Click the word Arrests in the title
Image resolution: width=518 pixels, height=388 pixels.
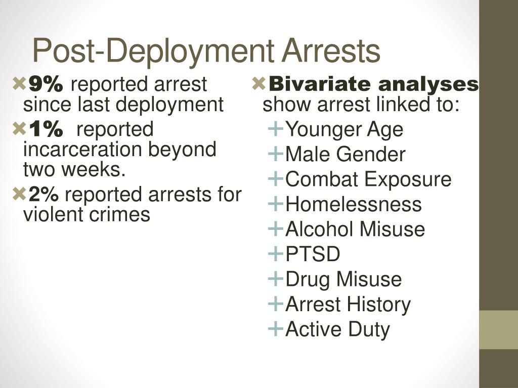331,51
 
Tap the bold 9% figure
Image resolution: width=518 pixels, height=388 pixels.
46,84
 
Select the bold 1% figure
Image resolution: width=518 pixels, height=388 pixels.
46,129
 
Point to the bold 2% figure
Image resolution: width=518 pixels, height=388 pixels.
44,194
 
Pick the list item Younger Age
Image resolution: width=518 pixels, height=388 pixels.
344,129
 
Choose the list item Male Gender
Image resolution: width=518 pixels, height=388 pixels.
345,154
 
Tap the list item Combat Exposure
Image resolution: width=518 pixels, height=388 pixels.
368,179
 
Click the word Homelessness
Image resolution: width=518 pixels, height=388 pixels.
354,204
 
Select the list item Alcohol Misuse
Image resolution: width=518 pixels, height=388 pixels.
355,229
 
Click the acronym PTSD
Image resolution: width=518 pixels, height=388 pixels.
313,254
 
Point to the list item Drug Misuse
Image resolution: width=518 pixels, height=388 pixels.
343,279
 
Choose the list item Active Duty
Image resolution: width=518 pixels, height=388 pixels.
337,329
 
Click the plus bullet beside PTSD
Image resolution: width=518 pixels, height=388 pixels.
276,254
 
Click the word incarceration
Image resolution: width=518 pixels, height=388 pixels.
83,150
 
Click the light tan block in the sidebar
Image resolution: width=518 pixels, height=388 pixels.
499,329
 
